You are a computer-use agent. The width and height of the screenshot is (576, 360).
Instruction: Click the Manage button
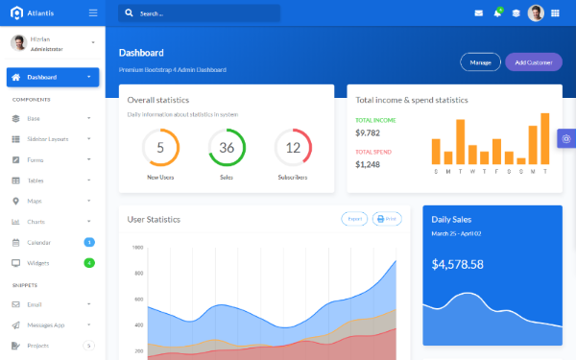point(480,62)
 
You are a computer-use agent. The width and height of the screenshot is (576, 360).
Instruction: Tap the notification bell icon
point(497,13)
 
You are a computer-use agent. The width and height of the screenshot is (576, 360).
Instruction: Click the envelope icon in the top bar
point(479,13)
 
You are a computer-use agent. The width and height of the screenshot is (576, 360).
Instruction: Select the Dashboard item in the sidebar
point(52,77)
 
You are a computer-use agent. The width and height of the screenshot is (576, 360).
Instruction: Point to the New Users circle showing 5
point(160,148)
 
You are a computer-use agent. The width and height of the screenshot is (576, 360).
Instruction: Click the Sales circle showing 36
point(227,148)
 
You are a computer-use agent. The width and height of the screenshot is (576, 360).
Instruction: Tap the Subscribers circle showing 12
point(293,148)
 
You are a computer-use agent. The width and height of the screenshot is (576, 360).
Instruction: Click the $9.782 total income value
point(368,133)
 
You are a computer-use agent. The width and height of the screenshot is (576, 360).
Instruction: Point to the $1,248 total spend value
point(368,164)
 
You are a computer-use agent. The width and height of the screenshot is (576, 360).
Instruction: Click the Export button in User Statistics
point(354,219)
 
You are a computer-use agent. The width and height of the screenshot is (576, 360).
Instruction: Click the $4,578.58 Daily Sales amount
point(458,264)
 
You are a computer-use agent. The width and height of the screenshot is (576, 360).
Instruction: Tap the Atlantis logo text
point(40,12)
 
